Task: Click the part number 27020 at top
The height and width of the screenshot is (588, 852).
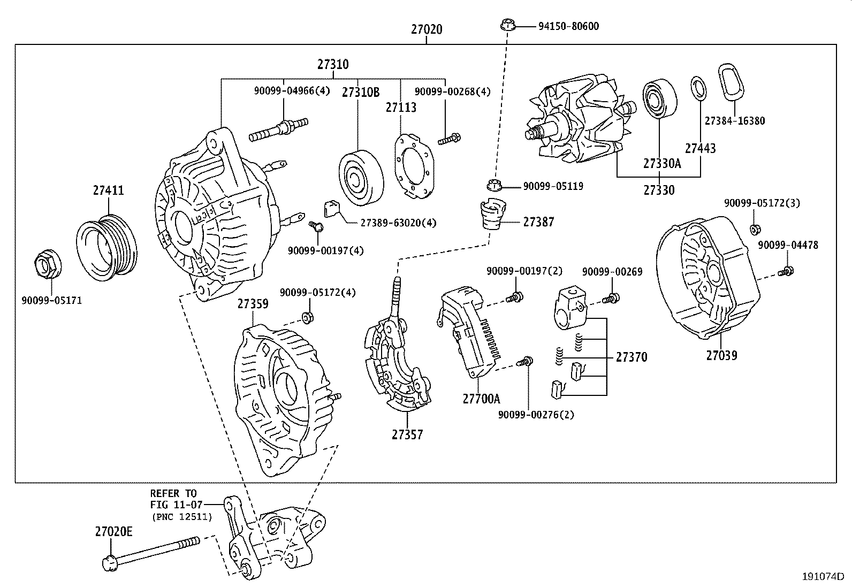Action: (x=427, y=29)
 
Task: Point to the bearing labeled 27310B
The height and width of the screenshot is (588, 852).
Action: (x=361, y=178)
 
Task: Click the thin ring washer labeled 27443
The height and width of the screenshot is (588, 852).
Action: (x=698, y=88)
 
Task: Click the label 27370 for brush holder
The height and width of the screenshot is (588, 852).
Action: (x=631, y=357)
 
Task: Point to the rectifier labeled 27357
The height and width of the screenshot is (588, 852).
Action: (x=396, y=364)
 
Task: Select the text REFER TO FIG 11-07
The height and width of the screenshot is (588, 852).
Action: (x=173, y=499)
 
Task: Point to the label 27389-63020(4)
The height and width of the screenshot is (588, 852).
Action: (x=398, y=223)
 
